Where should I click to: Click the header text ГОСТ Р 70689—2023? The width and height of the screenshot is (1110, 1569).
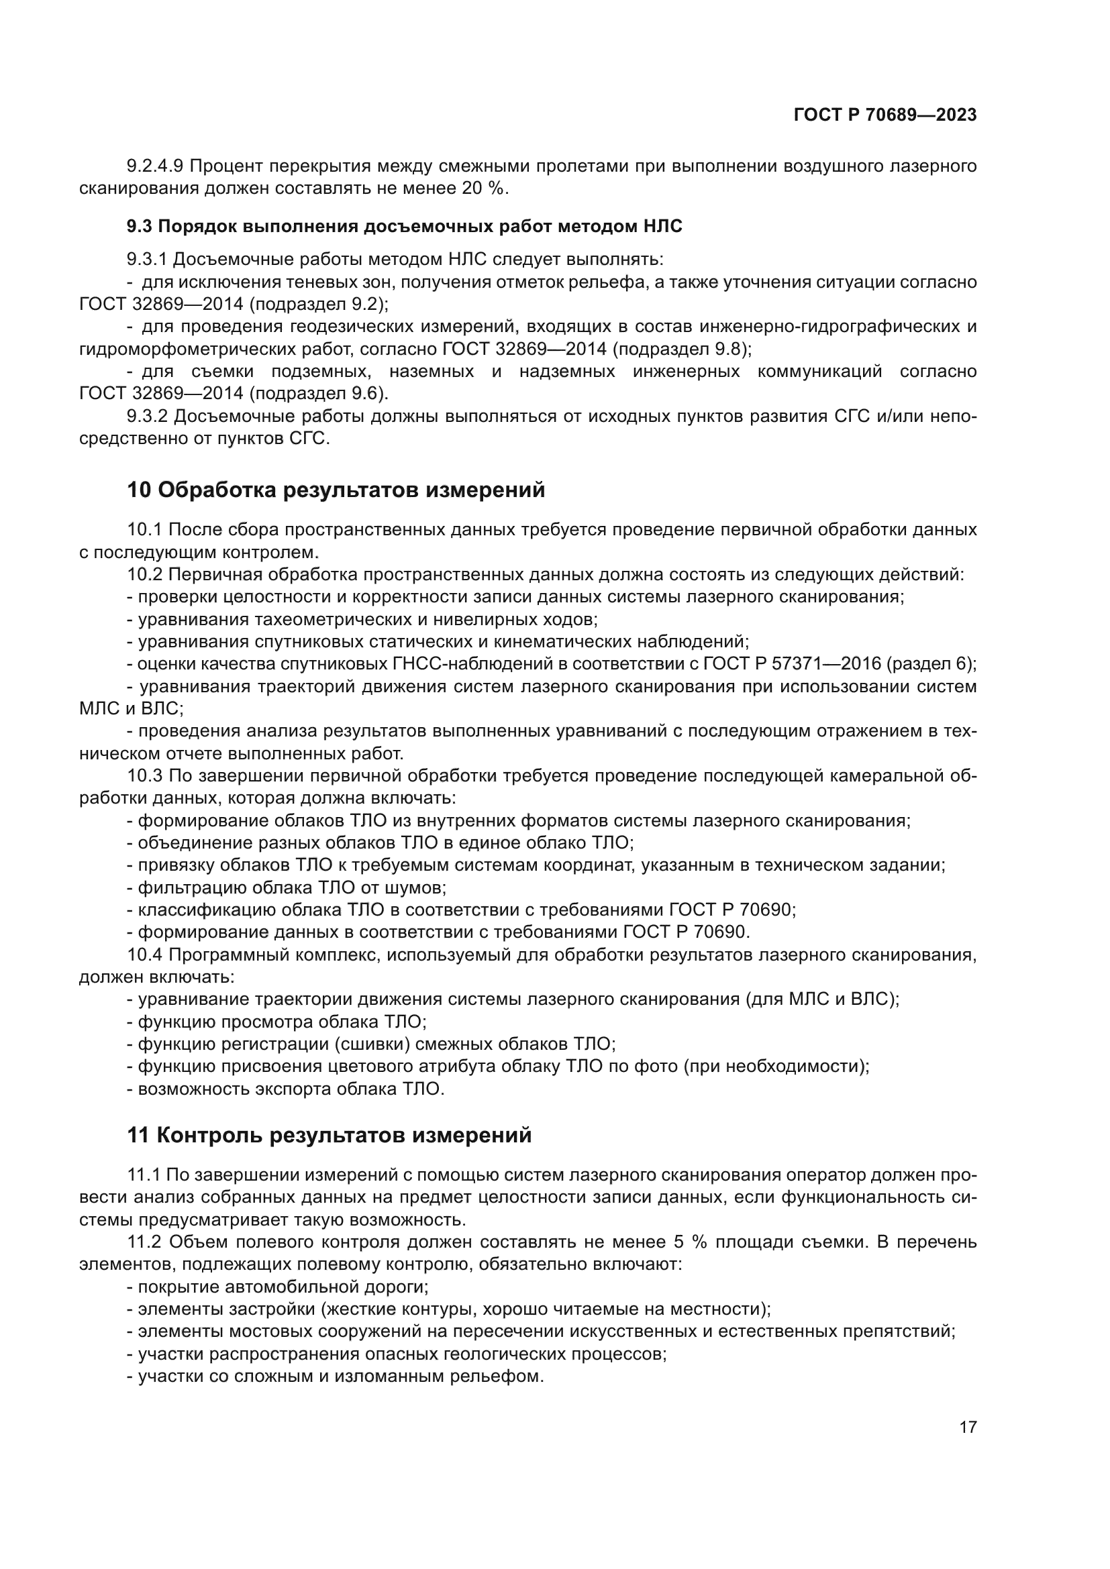885,115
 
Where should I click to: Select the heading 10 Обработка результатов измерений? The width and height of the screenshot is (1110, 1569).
336,490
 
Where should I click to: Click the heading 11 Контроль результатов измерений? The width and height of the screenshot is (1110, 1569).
329,1135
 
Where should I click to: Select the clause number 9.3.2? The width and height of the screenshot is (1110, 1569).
148,416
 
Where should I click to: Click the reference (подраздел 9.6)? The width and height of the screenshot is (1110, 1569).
318,394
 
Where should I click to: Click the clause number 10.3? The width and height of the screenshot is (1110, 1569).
145,775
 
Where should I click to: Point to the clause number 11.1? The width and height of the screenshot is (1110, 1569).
144,1175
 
